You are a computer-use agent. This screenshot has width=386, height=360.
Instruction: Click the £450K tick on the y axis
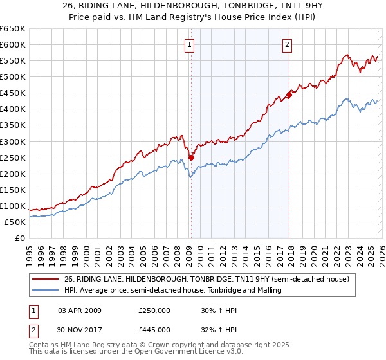[13, 93]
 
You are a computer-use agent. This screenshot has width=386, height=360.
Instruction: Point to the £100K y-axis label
[13, 206]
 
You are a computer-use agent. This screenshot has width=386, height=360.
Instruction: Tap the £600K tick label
[13, 45]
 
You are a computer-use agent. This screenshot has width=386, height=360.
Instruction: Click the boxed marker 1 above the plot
[190, 45]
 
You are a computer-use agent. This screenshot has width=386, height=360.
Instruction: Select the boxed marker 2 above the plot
[287, 45]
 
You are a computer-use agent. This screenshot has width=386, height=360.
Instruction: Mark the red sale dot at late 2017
[289, 94]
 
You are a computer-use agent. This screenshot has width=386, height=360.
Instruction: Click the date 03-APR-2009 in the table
[80, 310]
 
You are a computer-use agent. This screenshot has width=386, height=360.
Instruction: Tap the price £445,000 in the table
[154, 330]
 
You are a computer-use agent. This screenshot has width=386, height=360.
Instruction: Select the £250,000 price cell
[154, 310]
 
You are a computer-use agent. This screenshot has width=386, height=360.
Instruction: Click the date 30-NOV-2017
[80, 330]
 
